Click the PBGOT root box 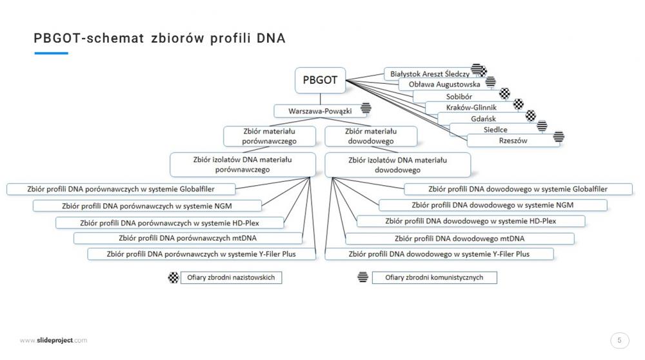pos(320,80)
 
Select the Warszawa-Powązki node pos(320,111)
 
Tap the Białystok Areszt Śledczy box pos(430,74)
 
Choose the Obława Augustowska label pos(444,85)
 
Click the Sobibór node pos(459,97)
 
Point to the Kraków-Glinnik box pos(471,107)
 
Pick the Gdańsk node pos(483,119)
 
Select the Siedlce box pos(495,130)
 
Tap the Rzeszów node pos(513,141)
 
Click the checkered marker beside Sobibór pos(505,94)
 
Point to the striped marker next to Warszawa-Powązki pos(366,108)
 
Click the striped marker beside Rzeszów pos(559,136)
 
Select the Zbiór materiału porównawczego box pos(270,136)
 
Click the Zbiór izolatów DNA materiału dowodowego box pos(397,165)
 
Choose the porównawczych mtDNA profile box pos(188,238)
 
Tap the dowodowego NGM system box pos(492,205)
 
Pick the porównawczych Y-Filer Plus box pos(201,254)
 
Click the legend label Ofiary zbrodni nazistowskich pos(231,277)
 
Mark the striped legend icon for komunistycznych pos(362,277)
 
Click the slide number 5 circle pos(619,341)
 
